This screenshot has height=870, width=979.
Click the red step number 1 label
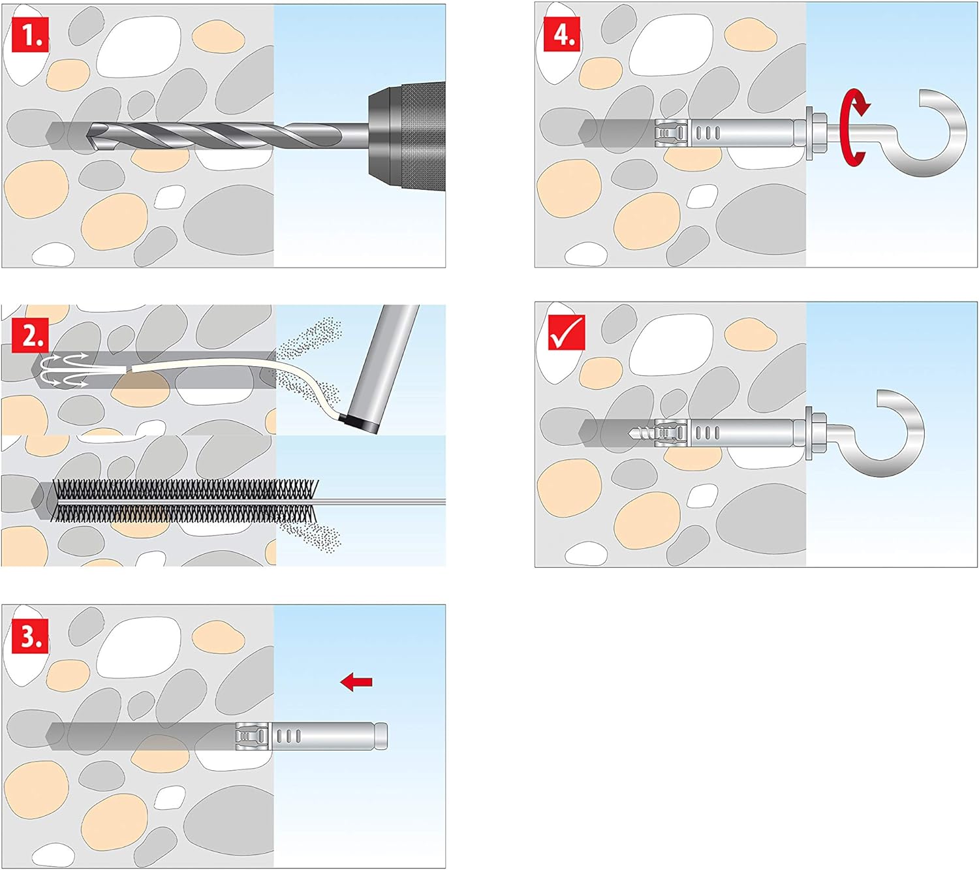click(30, 36)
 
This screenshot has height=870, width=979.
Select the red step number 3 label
click(30, 636)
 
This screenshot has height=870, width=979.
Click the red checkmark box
click(566, 332)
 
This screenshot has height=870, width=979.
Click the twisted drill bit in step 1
click(215, 136)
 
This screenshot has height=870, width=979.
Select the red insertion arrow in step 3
click(356, 682)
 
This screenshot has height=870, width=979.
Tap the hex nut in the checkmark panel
click(815, 433)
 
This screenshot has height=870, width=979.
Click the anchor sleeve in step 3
click(313, 736)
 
